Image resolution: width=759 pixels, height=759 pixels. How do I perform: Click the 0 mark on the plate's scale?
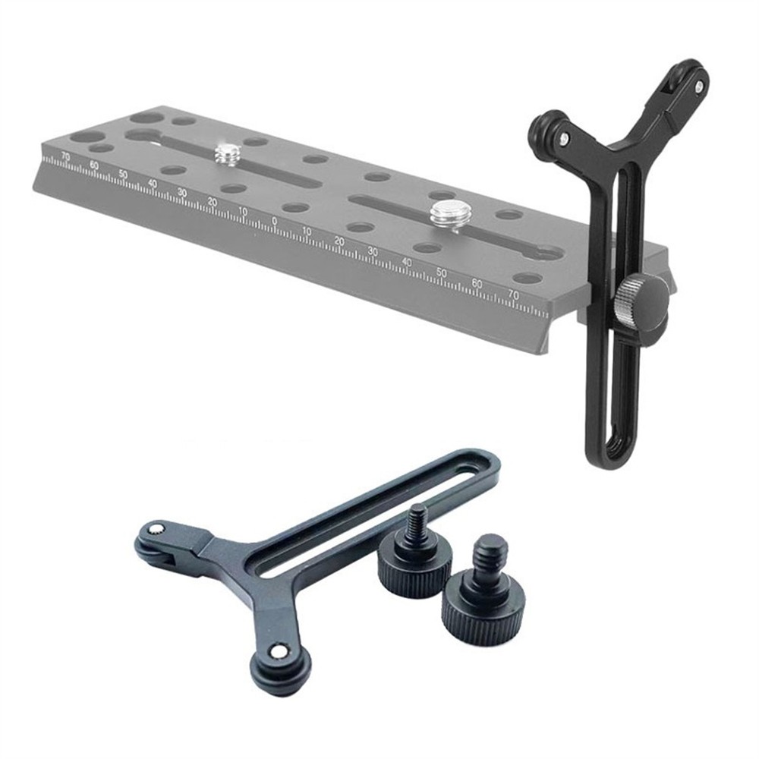(274, 221)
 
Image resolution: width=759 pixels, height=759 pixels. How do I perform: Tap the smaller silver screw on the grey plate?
(226, 154)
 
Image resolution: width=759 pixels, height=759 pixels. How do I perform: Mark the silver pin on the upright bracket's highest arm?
(697, 90)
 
